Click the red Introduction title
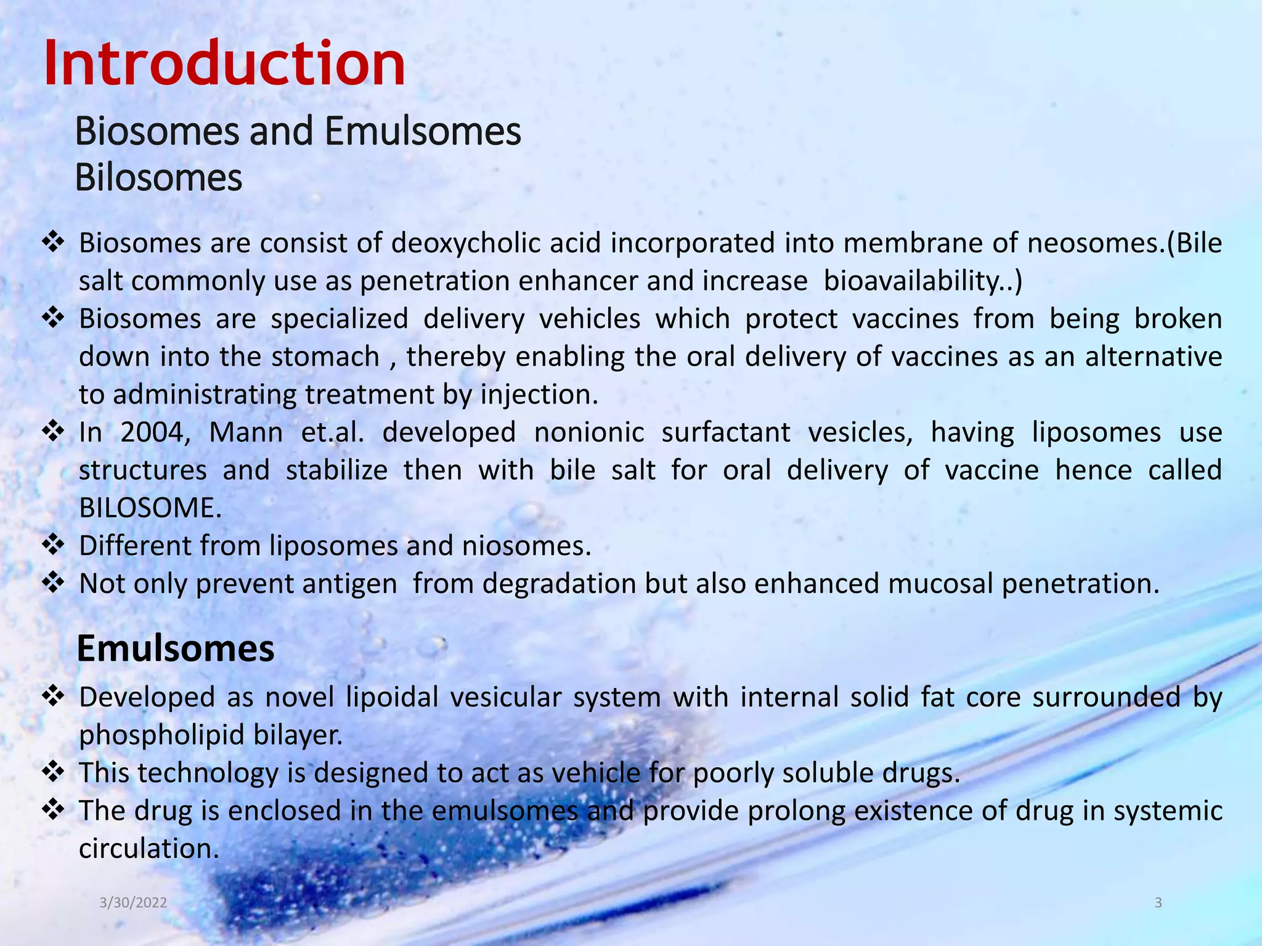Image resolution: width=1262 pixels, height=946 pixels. tap(224, 63)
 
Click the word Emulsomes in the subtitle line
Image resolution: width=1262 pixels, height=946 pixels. tap(422, 131)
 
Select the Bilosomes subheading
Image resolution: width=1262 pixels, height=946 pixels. tap(158, 178)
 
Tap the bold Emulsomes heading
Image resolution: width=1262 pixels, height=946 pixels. tap(176, 649)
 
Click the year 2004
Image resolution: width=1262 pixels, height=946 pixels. tap(155, 432)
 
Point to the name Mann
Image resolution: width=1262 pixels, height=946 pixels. tap(246, 432)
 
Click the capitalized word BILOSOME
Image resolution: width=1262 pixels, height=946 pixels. tap(150, 508)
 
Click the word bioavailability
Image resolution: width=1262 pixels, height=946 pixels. tap(916, 281)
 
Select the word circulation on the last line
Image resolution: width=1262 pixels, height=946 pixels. tap(149, 849)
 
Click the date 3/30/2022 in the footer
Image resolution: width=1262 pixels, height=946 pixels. tap(133, 903)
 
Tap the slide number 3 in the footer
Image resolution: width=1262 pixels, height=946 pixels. tap(1158, 903)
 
